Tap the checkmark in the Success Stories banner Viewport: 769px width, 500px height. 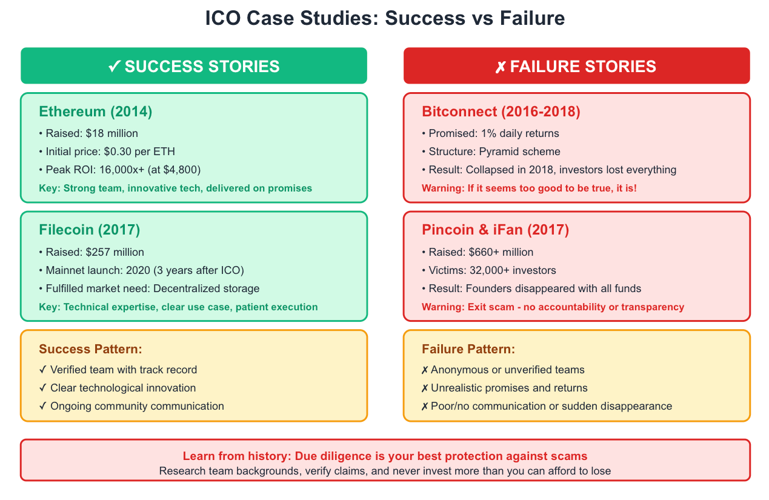115,66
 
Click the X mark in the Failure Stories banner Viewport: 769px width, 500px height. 500,67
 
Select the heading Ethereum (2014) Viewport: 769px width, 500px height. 95,112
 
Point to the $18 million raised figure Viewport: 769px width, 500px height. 112,133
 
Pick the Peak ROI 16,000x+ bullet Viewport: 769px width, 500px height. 120,170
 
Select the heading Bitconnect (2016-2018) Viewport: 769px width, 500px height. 501,112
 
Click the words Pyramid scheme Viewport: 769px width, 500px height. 520,152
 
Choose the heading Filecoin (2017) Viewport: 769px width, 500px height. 90,230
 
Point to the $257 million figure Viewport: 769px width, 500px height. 115,252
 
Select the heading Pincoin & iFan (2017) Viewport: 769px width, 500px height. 495,230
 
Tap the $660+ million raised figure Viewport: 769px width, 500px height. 501,252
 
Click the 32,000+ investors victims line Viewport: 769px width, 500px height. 489,270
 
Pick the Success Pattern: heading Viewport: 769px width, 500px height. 91,349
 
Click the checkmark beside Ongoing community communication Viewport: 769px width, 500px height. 43,406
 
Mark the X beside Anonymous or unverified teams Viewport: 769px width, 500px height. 425,370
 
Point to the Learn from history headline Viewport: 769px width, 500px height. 385,456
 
